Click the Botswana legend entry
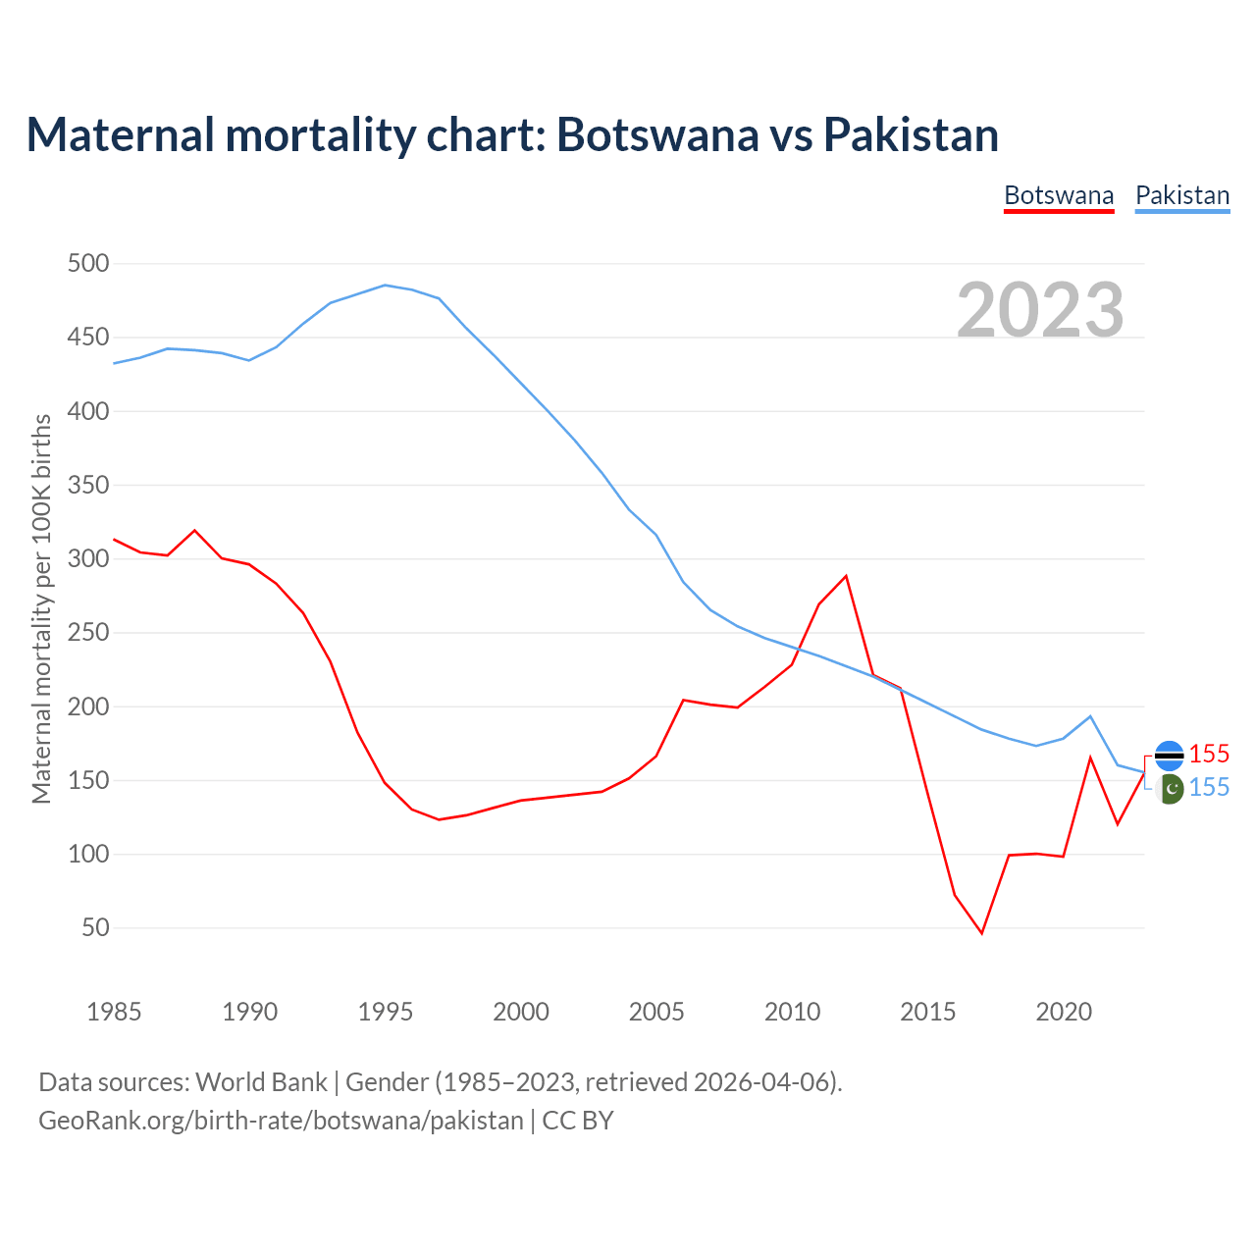pos(1059,195)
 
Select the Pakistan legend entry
pos(1182,195)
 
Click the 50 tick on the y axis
pos(95,927)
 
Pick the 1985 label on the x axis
pos(114,1012)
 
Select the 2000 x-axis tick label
pos(521,1012)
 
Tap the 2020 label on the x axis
pos(1064,1012)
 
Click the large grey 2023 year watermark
pos(1040,310)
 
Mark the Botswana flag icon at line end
pos(1169,755)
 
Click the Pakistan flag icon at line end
pos(1169,788)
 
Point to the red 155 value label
pos(1209,754)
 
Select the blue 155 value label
pos(1209,787)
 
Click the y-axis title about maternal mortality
pos(41,608)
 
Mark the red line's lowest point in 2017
pos(981,932)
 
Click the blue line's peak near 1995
pos(385,286)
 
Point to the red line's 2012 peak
pos(846,576)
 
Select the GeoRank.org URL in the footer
pos(281,1121)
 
